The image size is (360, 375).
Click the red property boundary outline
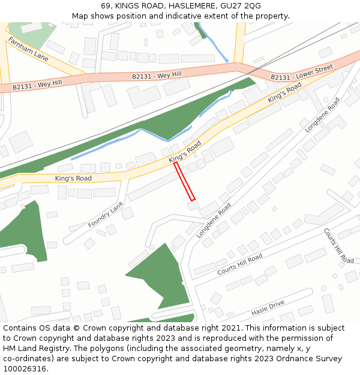tap(184, 181)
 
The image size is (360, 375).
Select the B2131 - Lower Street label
tap(301, 73)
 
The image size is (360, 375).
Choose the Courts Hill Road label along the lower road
tap(240, 265)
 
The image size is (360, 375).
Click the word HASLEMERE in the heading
tap(189, 5)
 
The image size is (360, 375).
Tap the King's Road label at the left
tap(73, 178)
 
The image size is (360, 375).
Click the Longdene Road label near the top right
tap(322, 115)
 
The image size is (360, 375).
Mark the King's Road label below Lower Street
tap(284, 92)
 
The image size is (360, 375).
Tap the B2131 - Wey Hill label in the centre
tap(157, 75)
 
